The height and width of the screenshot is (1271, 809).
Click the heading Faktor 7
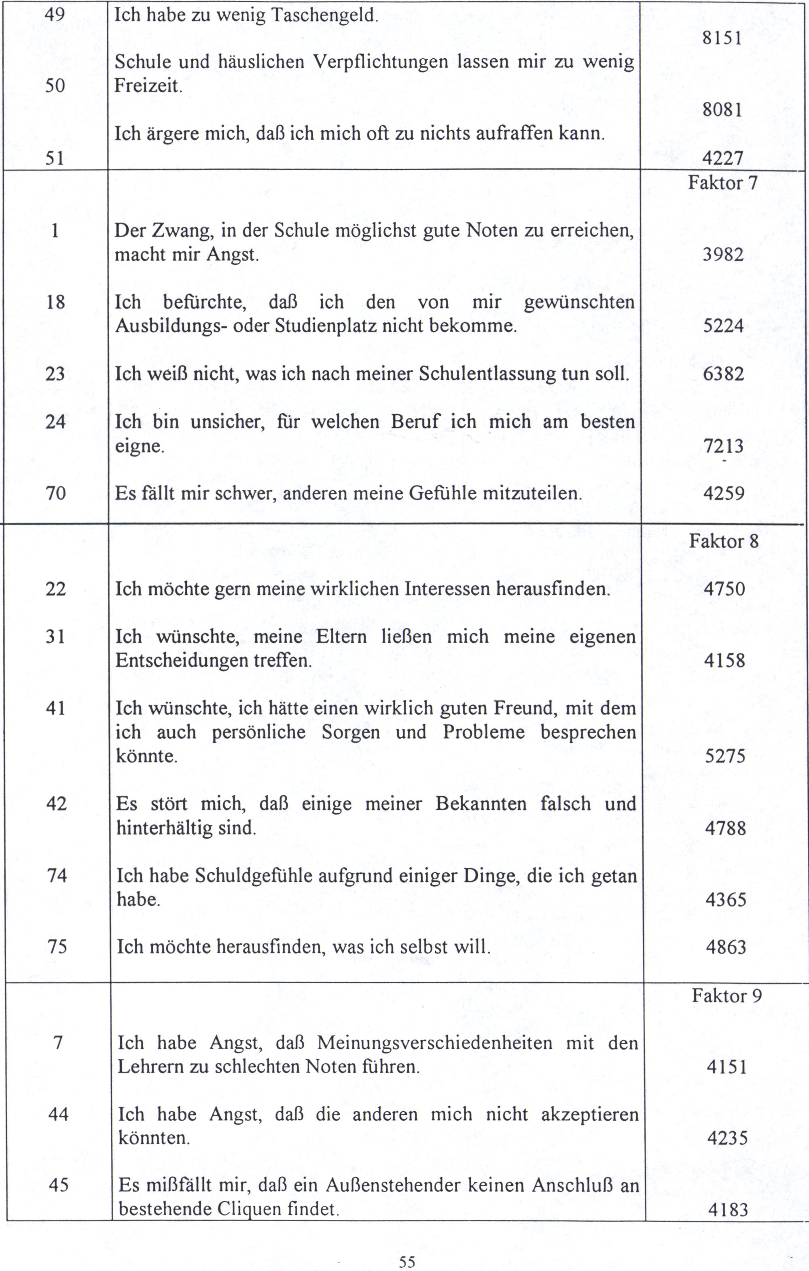[x=722, y=183]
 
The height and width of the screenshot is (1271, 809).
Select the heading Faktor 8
[x=724, y=541]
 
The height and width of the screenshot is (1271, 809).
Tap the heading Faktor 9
[x=727, y=996]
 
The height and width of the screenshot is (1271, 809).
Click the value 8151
[x=722, y=38]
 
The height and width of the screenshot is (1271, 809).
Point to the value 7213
[x=723, y=447]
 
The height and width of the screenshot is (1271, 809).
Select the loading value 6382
[x=723, y=374]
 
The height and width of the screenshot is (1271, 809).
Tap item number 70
[x=55, y=494]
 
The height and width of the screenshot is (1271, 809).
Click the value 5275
[x=725, y=756]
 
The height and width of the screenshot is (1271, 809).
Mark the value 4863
[x=726, y=947]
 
